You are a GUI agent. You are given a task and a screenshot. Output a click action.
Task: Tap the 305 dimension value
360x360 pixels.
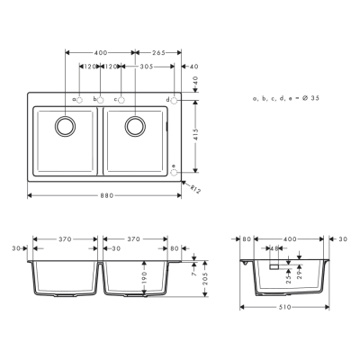(x=147, y=67)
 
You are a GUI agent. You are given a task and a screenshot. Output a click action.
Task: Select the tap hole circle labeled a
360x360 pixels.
(x=79, y=99)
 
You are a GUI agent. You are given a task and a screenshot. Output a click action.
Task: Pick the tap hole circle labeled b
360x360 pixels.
(x=101, y=99)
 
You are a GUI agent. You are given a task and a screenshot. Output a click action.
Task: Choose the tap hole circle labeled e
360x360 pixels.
(x=175, y=167)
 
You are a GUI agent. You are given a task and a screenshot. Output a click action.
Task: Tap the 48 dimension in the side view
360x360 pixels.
(x=274, y=247)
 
